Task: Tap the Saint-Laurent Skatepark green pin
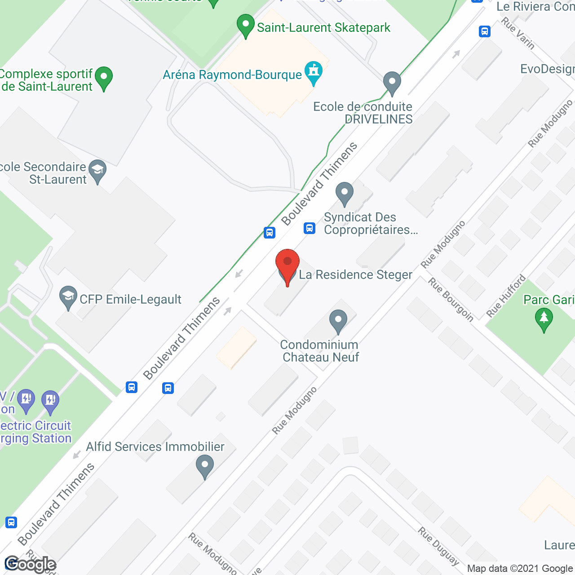(245, 26)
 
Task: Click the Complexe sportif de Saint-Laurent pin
(104, 78)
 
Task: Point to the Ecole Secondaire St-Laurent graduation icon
(97, 171)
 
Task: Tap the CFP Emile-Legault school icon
(68, 297)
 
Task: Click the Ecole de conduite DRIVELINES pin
(392, 83)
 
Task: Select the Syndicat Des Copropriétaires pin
(345, 194)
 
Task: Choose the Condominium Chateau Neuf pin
(338, 321)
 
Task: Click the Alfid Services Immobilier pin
(205, 466)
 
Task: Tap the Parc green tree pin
(544, 319)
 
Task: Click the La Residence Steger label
(355, 274)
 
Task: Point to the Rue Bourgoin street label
(451, 300)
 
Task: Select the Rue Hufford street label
(506, 296)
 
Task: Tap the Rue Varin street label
(518, 33)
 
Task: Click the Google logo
(30, 564)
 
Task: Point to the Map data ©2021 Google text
(520, 569)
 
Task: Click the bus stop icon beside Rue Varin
(484, 31)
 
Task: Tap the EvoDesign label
(547, 69)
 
